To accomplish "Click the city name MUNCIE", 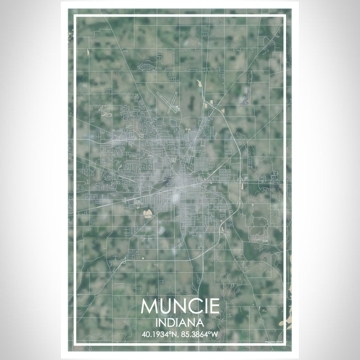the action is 179,307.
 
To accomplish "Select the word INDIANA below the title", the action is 179,323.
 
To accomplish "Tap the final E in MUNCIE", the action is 214,307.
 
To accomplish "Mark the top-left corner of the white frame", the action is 75,16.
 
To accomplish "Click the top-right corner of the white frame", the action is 285,16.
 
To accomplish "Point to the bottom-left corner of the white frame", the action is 75,344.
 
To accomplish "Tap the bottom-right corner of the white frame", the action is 285,344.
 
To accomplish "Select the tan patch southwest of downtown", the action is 148,213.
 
